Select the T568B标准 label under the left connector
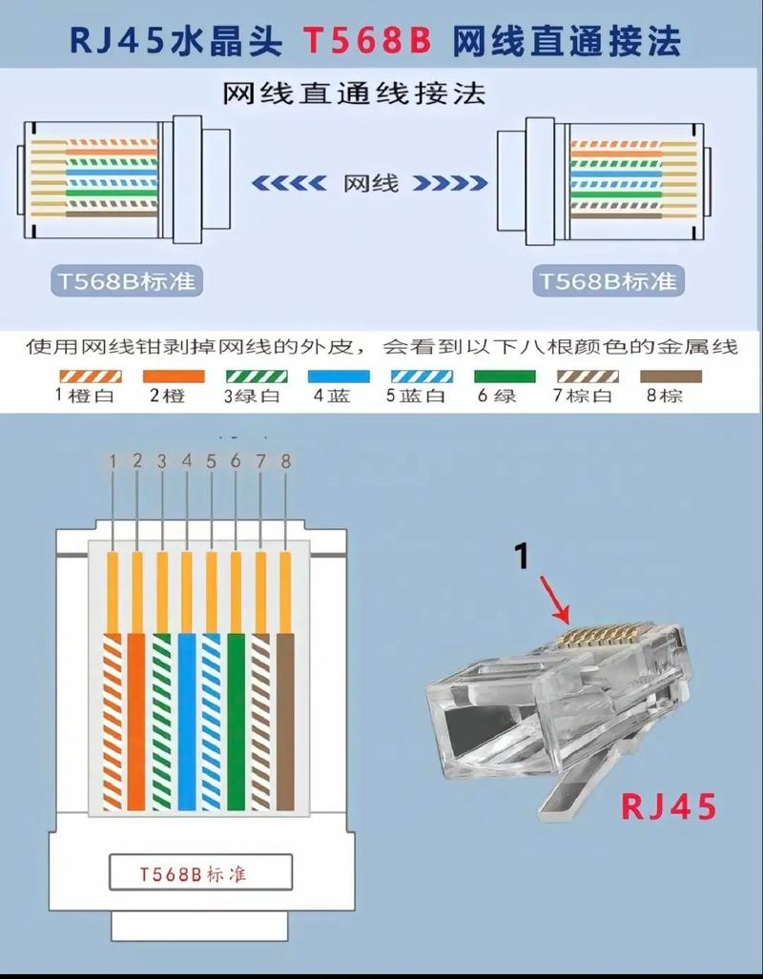(x=129, y=281)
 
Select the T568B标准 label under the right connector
(x=608, y=281)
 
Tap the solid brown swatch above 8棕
(x=670, y=376)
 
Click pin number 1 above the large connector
(x=113, y=461)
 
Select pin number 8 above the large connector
(x=285, y=461)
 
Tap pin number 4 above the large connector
(x=187, y=461)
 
